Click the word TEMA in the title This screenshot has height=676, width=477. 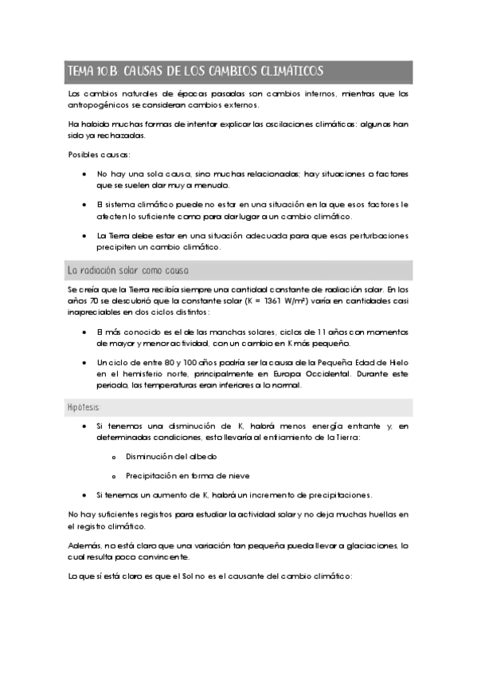80,72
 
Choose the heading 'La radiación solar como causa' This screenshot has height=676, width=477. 128,270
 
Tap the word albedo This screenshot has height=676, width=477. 202,456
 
